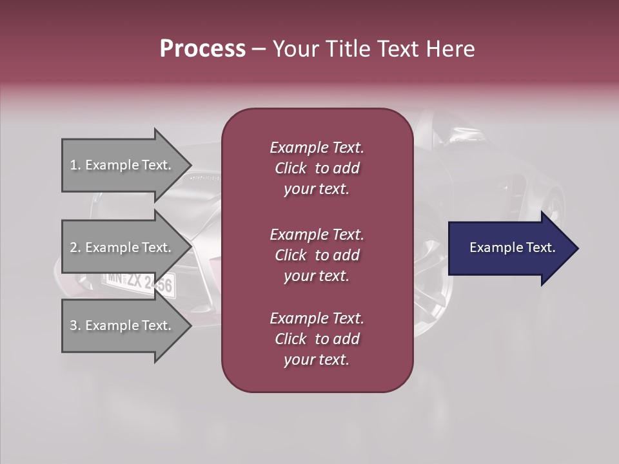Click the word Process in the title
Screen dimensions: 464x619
[x=202, y=49]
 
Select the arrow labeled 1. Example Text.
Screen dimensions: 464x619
[x=123, y=165]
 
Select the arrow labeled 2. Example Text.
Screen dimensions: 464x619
[x=123, y=247]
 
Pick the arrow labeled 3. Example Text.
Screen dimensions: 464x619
[x=123, y=325]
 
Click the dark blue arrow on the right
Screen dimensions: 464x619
[x=509, y=248]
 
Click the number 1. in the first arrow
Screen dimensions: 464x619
[x=75, y=165]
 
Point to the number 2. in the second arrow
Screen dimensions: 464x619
[x=75, y=247]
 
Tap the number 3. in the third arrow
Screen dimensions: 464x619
[x=75, y=325]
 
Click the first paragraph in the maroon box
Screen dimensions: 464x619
[x=317, y=168]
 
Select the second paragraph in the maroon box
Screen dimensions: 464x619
[x=317, y=255]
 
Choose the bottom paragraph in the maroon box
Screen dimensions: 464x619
[x=317, y=339]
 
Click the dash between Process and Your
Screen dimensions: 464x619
[x=259, y=50]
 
